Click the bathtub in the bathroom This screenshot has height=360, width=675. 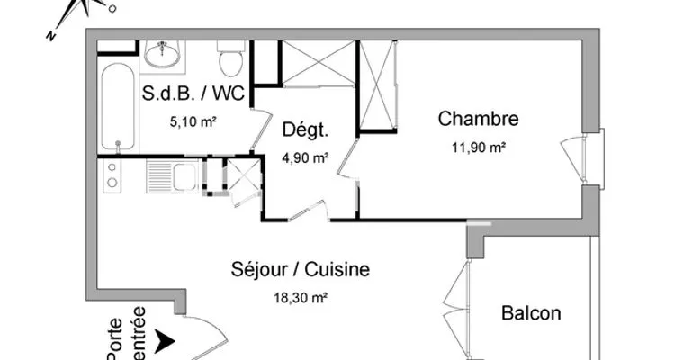coord(118,107)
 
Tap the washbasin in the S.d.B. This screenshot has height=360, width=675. coord(162,54)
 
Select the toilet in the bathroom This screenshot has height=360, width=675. coord(230,58)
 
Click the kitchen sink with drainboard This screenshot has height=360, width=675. coord(172,175)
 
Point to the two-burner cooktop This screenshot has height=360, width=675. coord(112,175)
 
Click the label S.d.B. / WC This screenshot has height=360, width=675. coord(193,93)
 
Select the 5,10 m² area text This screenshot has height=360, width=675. coord(193,122)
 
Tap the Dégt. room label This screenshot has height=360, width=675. coord(305,130)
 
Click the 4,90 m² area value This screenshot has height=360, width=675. coord(305,158)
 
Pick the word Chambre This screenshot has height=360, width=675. coord(478,119)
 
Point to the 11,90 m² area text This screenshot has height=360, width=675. coord(478,148)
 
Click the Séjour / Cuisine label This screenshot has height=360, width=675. coord(300,270)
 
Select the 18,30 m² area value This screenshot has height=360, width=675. coord(301,297)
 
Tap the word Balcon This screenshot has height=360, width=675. coord(531,313)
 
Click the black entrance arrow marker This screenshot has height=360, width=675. coord(165,341)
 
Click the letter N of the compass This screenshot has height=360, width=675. coord(51,36)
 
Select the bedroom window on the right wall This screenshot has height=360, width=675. coord(593,159)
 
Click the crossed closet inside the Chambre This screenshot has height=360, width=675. coord(377,85)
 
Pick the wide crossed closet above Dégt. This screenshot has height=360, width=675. coord(318,64)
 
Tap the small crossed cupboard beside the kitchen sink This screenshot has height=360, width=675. coord(243,177)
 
